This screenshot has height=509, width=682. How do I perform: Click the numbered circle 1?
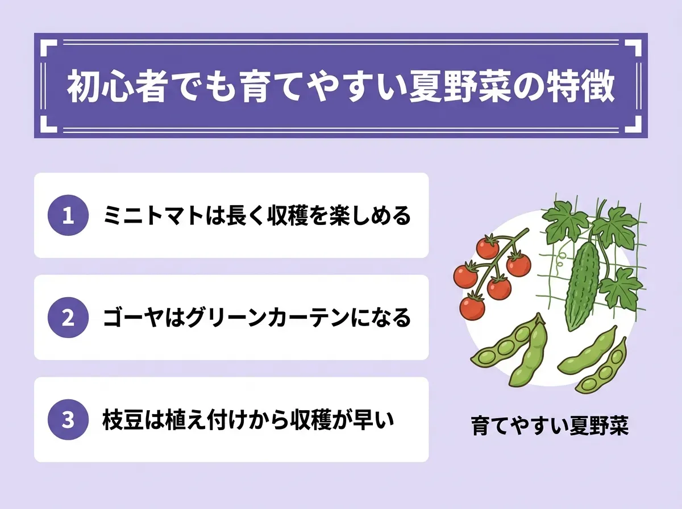[68, 215]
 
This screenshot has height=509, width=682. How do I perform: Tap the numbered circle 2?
[68, 318]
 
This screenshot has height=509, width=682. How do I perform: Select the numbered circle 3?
[68, 420]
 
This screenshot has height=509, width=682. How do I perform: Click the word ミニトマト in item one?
[153, 215]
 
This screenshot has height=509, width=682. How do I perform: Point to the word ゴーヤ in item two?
[133, 318]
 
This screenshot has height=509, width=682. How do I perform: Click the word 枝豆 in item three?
[123, 420]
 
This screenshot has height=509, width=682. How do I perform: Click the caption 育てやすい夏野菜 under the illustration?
[550, 425]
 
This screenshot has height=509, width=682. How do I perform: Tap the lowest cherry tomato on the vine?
[472, 308]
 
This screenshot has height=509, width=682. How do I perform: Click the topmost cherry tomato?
[488, 247]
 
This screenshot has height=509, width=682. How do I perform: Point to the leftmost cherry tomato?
[465, 275]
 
